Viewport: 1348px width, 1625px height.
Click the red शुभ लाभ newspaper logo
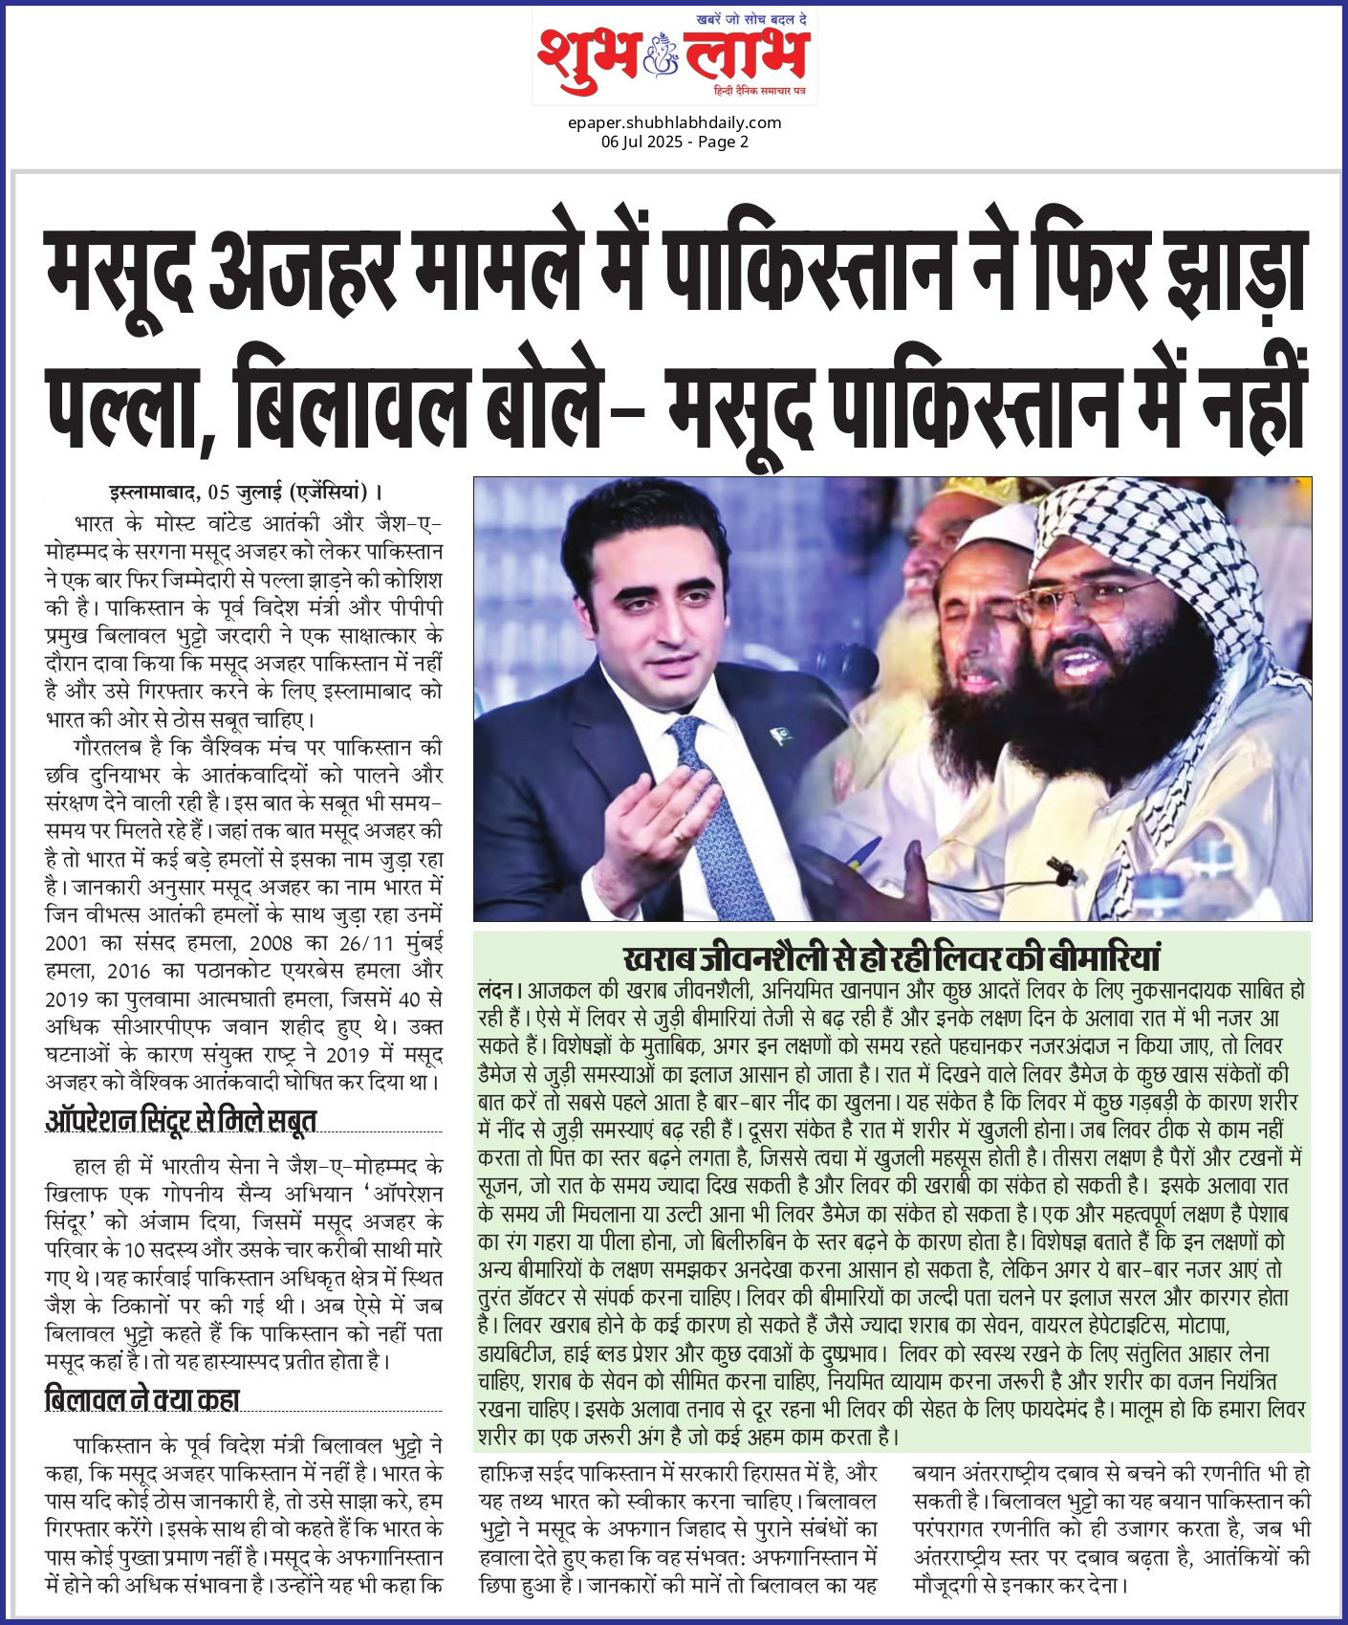pyautogui.click(x=673, y=55)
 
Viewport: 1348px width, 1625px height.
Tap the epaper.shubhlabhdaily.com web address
pyautogui.click(x=674, y=122)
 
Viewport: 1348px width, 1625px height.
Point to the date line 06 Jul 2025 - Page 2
pyautogui.click(x=674, y=142)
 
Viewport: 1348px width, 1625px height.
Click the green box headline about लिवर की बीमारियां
pyautogui.click(x=891, y=958)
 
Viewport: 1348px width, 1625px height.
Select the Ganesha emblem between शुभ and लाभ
pyautogui.click(x=661, y=55)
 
